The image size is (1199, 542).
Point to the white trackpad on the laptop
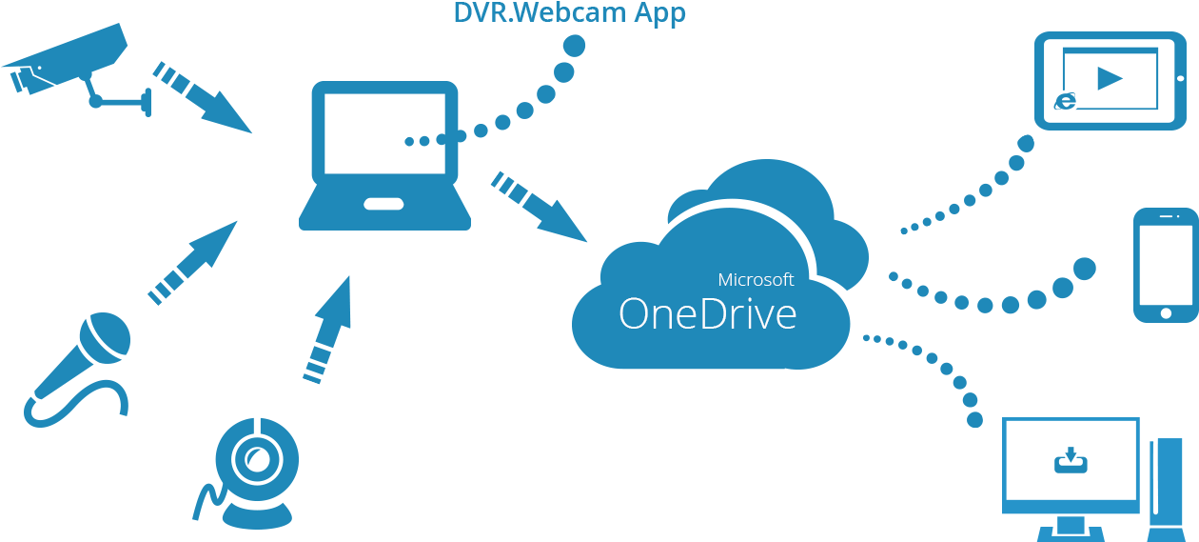click(x=383, y=204)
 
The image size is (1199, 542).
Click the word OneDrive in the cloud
click(x=707, y=314)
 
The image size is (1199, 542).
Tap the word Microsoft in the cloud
click(x=756, y=280)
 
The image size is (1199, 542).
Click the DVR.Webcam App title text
click(x=569, y=13)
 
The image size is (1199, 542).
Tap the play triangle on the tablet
click(x=1110, y=78)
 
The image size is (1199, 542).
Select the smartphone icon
click(x=1165, y=265)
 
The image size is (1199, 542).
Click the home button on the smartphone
click(x=1165, y=311)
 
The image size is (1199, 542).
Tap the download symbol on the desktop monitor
click(x=1071, y=461)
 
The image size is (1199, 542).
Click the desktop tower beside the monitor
click(x=1165, y=486)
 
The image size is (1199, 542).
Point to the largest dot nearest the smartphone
click(x=1084, y=269)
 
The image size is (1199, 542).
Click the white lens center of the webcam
click(x=255, y=460)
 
